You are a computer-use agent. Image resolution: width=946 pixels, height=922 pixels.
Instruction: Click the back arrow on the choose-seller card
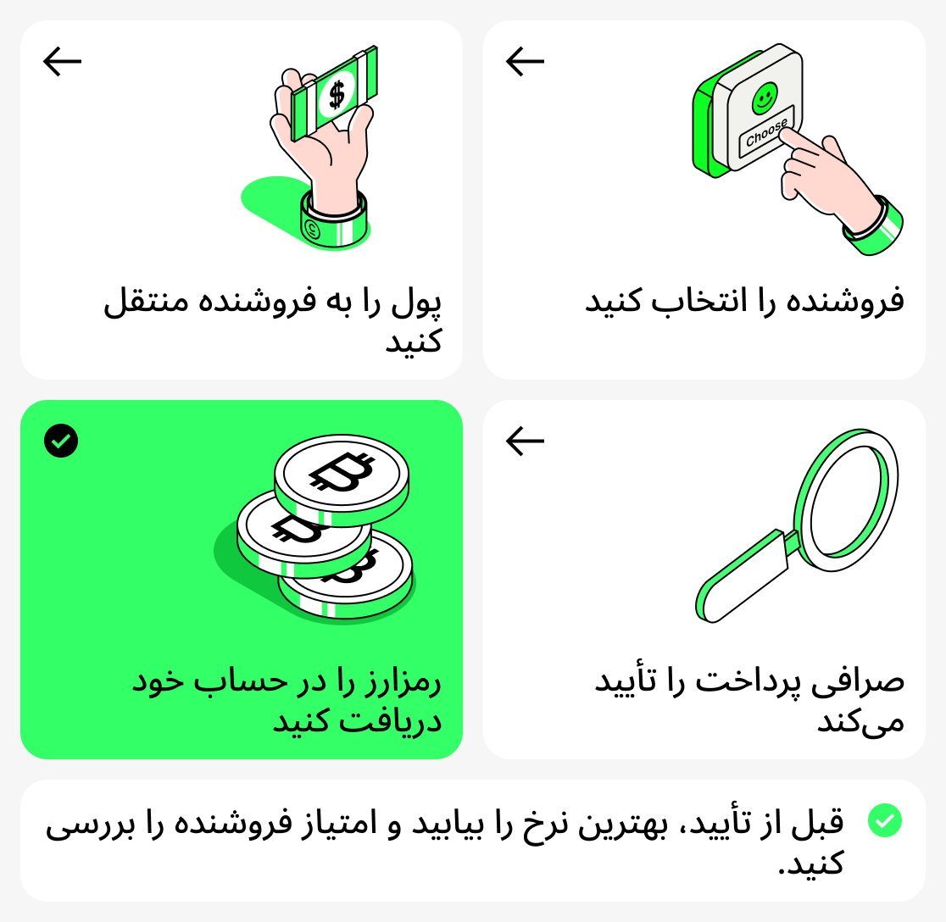(525, 61)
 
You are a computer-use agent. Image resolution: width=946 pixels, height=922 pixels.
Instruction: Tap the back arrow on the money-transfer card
(62, 61)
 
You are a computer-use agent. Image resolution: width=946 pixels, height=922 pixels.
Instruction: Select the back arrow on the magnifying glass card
(525, 441)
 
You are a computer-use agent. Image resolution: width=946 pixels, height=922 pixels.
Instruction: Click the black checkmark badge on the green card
(61, 441)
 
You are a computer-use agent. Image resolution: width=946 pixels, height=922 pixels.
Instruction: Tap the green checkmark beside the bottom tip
(885, 820)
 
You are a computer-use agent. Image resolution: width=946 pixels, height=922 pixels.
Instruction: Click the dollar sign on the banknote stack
(337, 93)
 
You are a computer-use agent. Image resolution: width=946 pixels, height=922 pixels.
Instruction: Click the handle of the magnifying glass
(743, 576)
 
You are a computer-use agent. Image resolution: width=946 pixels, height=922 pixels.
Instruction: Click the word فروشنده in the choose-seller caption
(858, 302)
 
